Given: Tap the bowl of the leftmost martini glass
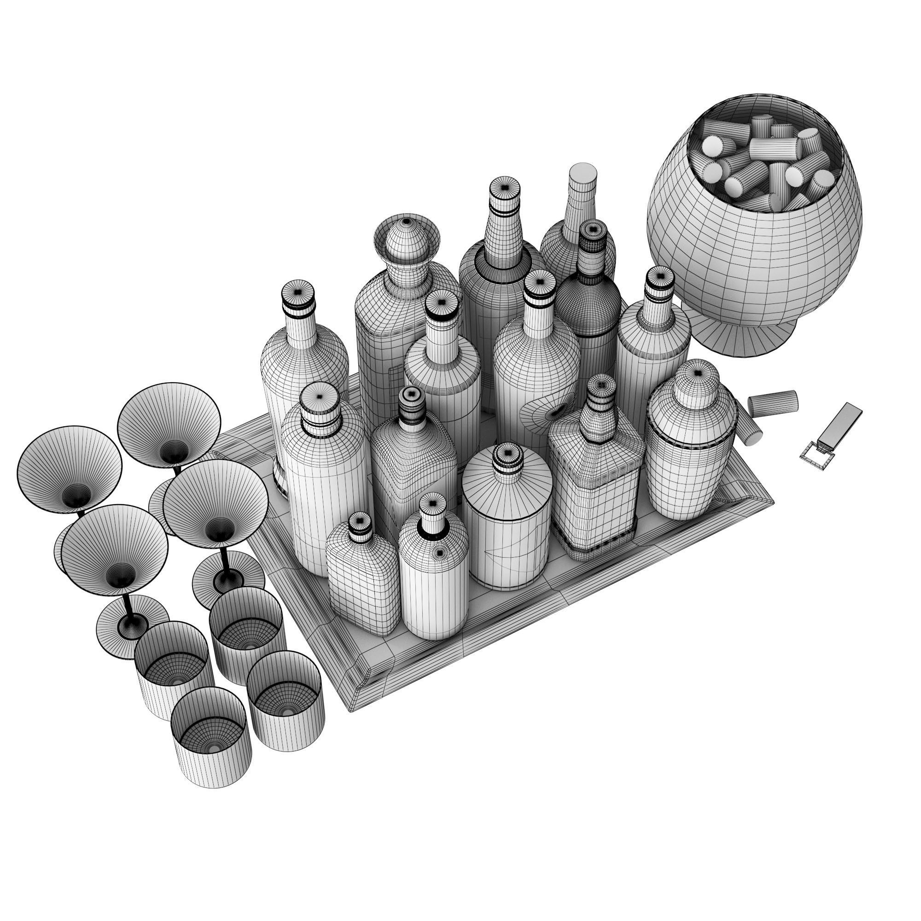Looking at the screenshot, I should tap(70, 470).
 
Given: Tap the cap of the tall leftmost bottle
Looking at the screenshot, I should tap(298, 293).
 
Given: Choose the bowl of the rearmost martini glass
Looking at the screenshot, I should tap(169, 424).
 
